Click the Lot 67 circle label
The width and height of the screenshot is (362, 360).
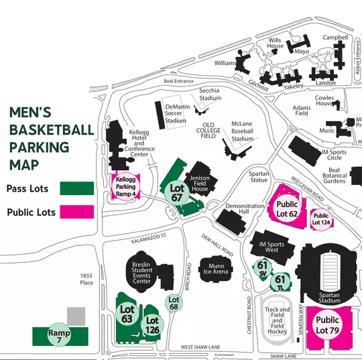tap(178, 192)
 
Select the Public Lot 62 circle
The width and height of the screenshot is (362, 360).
tap(287, 209)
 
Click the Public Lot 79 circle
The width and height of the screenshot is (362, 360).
tap(327, 324)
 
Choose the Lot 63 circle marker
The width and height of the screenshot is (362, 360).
tap(127, 314)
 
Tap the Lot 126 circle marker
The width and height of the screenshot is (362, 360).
tap(152, 325)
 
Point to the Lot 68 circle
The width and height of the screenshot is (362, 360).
tap(174, 303)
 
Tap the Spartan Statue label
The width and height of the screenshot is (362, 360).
tap(259, 177)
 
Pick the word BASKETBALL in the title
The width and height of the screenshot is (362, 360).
tap(52, 129)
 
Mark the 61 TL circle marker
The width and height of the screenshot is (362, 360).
tap(282, 282)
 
